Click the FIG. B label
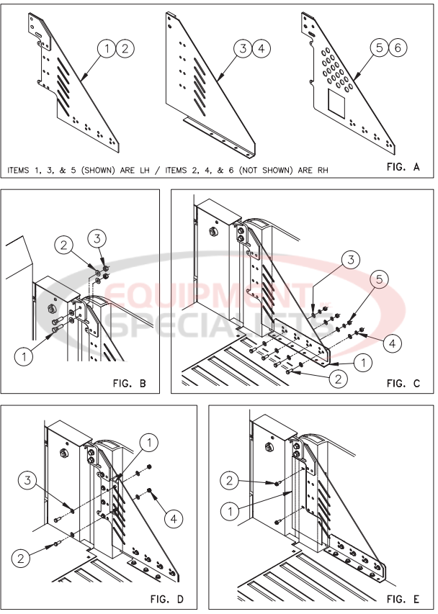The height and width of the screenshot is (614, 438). click(130, 383)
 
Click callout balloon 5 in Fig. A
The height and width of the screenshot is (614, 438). click(379, 49)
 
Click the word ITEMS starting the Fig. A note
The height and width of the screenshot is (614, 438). click(22, 171)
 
